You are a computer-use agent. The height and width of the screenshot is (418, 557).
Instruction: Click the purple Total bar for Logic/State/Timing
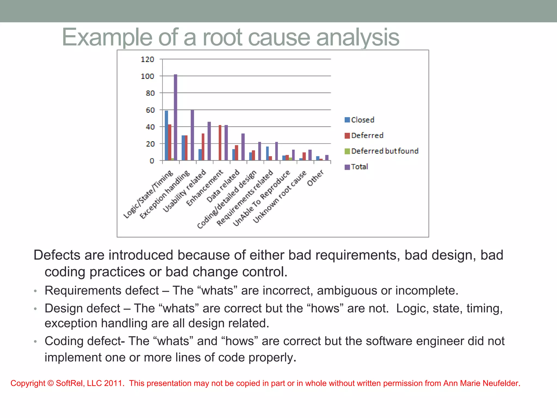click(x=175, y=117)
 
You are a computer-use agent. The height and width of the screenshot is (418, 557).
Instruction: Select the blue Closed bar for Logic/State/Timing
click(x=166, y=135)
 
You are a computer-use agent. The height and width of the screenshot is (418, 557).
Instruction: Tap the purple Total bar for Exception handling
click(x=192, y=135)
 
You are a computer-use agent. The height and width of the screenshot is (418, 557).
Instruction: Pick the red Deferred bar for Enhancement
click(x=220, y=143)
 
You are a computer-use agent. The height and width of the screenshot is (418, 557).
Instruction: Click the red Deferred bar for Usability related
click(x=203, y=147)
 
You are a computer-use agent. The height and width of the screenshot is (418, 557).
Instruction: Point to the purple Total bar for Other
click(x=327, y=158)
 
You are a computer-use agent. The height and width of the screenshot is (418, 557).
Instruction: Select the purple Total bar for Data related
click(x=243, y=147)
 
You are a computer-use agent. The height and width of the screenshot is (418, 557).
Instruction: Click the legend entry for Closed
click(x=359, y=120)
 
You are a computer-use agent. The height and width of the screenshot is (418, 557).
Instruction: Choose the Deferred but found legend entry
click(x=381, y=151)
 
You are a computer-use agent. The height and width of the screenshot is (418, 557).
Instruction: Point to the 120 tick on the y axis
click(x=147, y=59)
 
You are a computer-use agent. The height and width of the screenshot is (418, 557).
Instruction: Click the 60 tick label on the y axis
click(x=150, y=110)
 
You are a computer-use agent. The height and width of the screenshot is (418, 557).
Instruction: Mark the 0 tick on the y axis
click(x=152, y=161)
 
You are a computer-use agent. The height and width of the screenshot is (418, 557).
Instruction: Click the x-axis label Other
click(x=315, y=178)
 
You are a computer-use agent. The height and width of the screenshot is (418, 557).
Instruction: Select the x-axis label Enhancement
click(x=205, y=188)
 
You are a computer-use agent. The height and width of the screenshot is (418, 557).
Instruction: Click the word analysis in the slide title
click(x=357, y=37)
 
